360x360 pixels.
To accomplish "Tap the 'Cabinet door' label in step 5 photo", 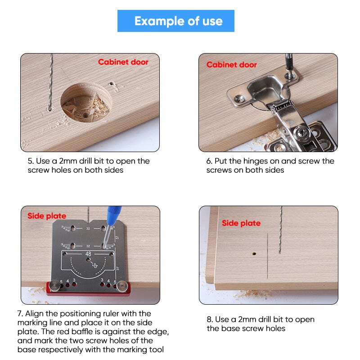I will click(123, 62).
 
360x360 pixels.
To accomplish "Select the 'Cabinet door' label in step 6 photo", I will click(231, 65).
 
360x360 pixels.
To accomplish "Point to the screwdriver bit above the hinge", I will click(289, 63).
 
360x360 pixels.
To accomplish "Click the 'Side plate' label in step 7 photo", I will click(47, 216).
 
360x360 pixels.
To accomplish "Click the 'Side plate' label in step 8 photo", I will click(241, 223).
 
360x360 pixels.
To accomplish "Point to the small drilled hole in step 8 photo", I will click(254, 253).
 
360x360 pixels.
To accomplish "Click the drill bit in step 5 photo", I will click(51, 81).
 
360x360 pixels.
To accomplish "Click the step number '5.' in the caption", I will click(31, 161).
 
